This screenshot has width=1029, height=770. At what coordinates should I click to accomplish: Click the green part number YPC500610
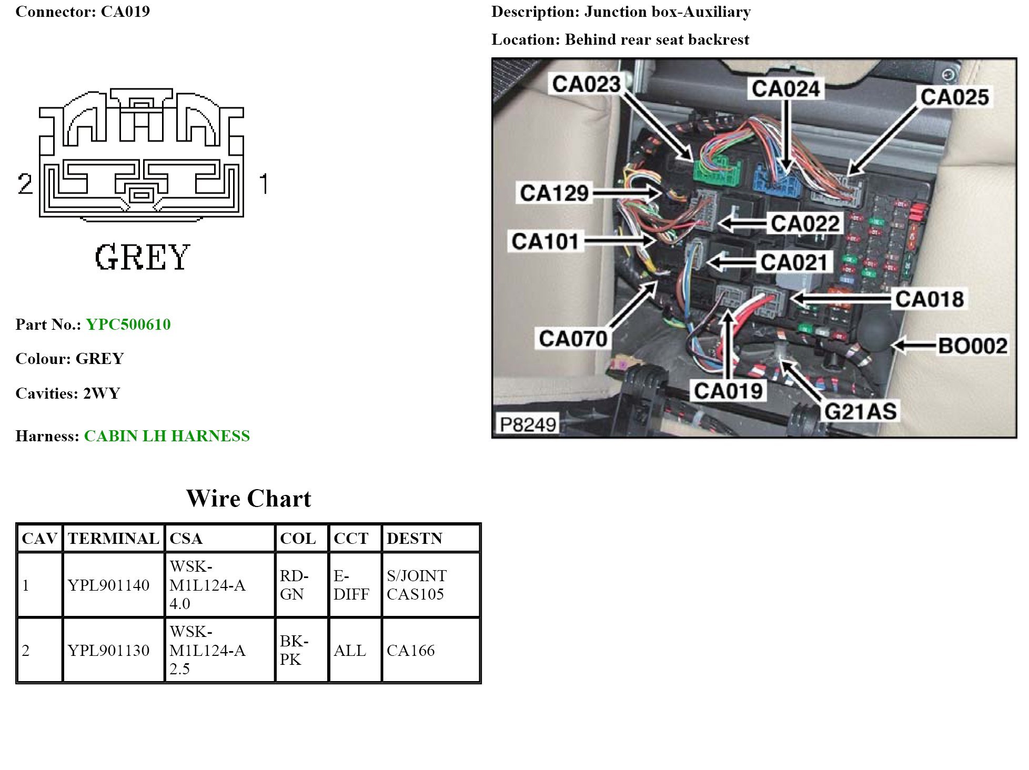(x=128, y=325)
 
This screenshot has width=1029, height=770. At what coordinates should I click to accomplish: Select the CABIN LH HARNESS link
(x=167, y=436)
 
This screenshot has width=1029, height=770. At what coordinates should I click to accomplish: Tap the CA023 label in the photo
(x=586, y=84)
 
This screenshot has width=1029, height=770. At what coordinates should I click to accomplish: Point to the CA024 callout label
(x=785, y=89)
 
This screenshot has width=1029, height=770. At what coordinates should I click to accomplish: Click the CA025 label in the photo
(x=954, y=97)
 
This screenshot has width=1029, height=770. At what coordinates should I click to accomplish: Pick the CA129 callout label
(x=554, y=193)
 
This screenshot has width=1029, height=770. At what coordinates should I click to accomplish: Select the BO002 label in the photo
(x=973, y=346)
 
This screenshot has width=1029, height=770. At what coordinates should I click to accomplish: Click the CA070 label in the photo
(x=573, y=339)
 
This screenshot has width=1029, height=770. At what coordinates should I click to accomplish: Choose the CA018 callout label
(x=930, y=299)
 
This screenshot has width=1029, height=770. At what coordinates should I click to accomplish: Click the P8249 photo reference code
(x=528, y=424)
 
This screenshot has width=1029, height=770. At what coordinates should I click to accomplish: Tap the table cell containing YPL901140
(x=109, y=585)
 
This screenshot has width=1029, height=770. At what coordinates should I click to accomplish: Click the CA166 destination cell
(x=410, y=651)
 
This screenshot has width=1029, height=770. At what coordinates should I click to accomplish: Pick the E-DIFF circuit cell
(x=351, y=585)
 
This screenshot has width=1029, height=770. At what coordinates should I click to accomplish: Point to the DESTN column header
(x=415, y=539)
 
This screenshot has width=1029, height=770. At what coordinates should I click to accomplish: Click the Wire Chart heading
(x=248, y=499)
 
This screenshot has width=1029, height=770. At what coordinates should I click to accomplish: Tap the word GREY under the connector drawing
(x=142, y=257)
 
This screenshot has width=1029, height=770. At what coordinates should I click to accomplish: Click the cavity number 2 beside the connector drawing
(x=25, y=184)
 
